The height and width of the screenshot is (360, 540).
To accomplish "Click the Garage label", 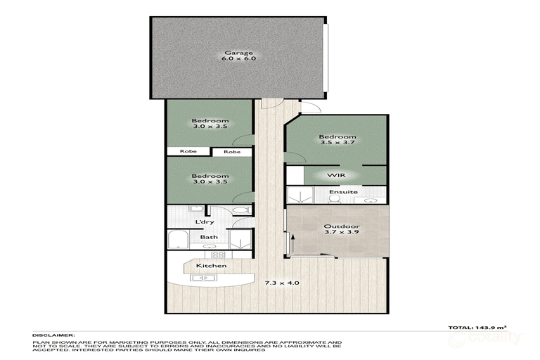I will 239,53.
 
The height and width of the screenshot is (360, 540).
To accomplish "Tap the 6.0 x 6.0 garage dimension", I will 239,60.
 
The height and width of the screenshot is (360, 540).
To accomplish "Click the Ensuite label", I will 344,192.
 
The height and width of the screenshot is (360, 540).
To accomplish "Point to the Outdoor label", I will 337,226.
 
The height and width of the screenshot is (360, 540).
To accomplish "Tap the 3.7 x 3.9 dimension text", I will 337,234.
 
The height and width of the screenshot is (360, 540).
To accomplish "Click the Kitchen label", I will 211,266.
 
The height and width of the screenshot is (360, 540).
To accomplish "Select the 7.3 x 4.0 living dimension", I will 281,283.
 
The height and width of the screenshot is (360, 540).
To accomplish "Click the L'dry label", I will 205,223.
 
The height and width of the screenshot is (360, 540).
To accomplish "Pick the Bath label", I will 209,238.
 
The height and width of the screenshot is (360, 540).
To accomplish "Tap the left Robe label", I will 188,152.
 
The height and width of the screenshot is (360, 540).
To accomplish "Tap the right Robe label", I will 232,152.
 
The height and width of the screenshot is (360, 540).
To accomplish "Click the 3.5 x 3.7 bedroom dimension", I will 337,144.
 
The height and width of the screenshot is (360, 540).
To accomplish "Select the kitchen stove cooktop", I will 218,255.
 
